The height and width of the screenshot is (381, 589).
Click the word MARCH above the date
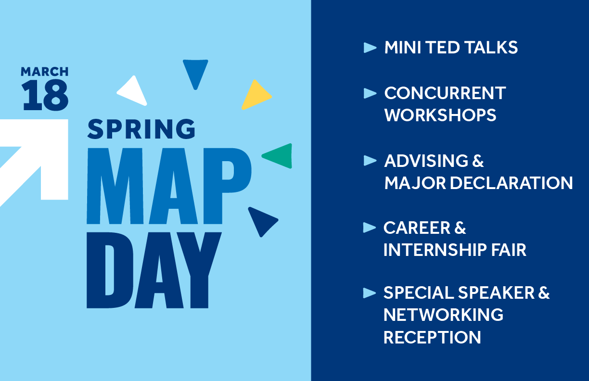tap(44, 72)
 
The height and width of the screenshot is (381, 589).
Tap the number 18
tap(45, 95)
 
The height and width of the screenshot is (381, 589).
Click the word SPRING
tap(141, 129)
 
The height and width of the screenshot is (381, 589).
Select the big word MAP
tap(169, 186)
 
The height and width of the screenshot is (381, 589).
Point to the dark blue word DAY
tap(154, 270)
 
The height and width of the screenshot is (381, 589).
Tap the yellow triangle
tap(256, 95)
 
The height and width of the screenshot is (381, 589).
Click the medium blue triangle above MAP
tap(195, 72)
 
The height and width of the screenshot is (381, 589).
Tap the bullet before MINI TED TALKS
tap(370, 48)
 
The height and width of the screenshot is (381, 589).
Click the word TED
tap(442, 48)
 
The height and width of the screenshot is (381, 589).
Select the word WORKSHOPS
tap(440, 115)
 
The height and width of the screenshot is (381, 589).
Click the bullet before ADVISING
tap(370, 161)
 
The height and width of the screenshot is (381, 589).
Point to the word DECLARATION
tap(511, 183)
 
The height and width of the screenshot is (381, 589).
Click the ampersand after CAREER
tap(460, 228)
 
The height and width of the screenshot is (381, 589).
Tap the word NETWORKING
tap(443, 315)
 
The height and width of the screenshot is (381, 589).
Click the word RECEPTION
tap(432, 337)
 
